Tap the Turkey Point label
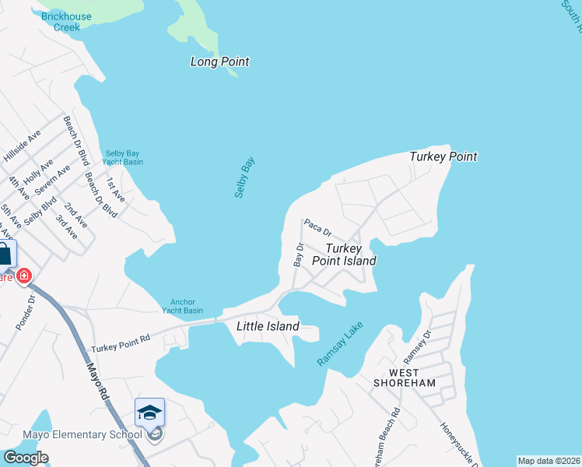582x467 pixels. pyautogui.click(x=443, y=157)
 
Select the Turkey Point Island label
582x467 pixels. pyautogui.click(x=344, y=255)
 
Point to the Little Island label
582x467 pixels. pyautogui.click(x=268, y=327)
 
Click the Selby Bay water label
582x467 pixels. pyautogui.click(x=246, y=177)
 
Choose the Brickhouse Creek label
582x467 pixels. pyautogui.click(x=66, y=21)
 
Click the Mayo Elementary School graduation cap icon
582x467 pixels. pyautogui.click(x=149, y=412)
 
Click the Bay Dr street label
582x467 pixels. pyautogui.click(x=298, y=255)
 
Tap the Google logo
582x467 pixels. pyautogui.click(x=25, y=458)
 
